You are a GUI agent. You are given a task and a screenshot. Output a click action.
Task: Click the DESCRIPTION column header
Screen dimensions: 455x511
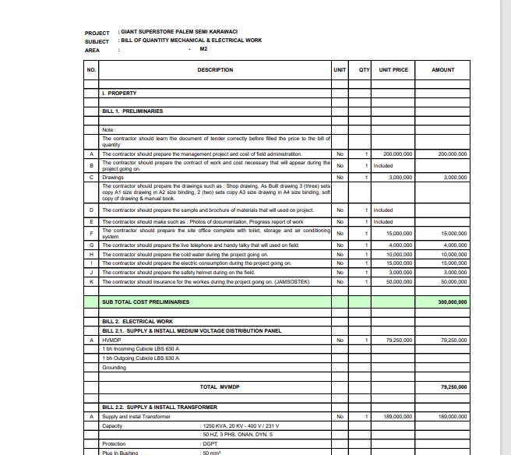point(215,70)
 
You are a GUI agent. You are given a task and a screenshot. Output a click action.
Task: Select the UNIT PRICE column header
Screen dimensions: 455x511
point(393,70)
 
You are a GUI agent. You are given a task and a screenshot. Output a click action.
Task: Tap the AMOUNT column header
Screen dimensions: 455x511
point(442,70)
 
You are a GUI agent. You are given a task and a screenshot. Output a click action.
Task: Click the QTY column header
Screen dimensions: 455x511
point(363,70)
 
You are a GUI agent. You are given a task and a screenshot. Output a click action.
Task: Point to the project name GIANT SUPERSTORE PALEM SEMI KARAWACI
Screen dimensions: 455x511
point(178,33)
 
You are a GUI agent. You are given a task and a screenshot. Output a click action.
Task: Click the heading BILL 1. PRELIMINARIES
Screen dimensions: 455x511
point(132,111)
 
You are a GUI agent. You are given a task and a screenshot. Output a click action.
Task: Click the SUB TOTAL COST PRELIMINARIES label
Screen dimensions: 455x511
point(145,302)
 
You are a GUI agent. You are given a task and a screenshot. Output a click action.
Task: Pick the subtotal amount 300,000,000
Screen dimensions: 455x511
point(453,302)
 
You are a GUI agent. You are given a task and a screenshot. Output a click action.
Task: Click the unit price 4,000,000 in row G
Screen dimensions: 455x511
point(400,245)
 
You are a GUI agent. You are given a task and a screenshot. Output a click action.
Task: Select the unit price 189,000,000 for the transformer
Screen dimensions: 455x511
point(397,417)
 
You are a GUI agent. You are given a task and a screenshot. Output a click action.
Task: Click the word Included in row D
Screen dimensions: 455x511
point(382,210)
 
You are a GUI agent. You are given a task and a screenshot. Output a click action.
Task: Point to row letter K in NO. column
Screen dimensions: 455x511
point(92,280)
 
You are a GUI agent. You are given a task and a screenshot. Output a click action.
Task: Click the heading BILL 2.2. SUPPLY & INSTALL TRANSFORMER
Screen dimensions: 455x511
point(156,407)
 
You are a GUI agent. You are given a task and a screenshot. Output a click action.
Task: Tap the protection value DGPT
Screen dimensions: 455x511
point(210,443)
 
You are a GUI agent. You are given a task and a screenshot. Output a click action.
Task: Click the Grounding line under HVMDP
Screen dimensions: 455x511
point(115,367)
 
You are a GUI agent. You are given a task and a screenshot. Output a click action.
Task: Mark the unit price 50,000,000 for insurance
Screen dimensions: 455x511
point(399,280)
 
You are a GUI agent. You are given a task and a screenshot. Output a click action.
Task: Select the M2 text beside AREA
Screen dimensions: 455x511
point(203,49)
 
